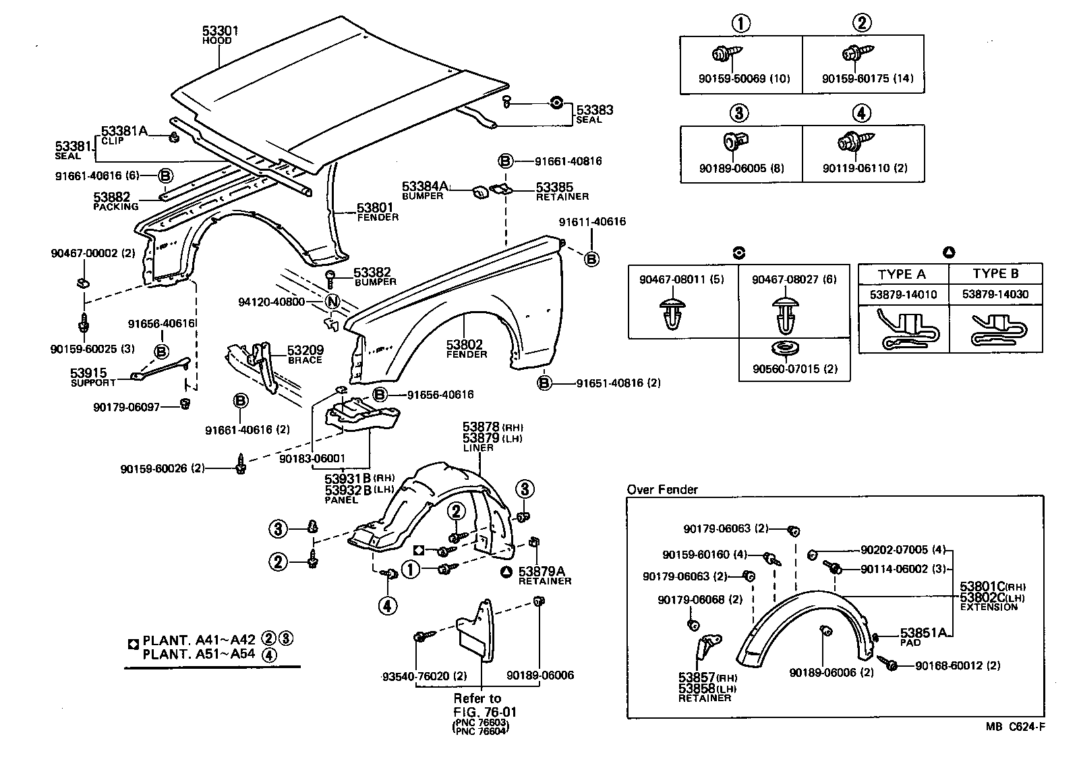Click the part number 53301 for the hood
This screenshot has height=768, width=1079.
pos(221,30)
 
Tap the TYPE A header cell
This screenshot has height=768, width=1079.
pos(902,274)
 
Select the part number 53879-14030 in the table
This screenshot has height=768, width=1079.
pos(995,295)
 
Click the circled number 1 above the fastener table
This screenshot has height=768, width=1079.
pos(740,24)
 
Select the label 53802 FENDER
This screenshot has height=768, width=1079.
pos(466,348)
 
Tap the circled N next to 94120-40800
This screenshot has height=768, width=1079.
pos(332,302)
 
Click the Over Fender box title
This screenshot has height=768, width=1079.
pos(662,490)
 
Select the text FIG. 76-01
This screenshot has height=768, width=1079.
pos(485,711)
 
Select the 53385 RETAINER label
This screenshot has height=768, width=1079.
pos(561,190)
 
